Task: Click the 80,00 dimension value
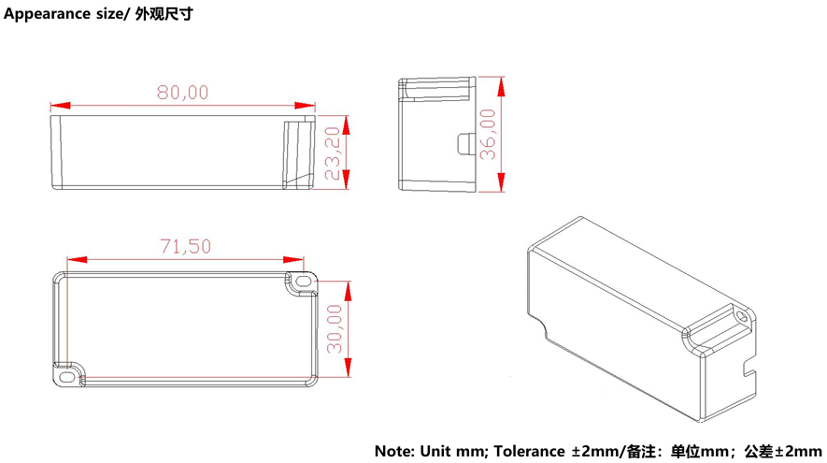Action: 182,93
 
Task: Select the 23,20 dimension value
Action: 333,153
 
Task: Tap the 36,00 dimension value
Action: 488,134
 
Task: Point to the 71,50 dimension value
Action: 186,246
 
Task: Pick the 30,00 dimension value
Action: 335,328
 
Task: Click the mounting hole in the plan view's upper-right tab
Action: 302,281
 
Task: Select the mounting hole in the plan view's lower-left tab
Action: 67,376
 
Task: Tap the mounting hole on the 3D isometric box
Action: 742,316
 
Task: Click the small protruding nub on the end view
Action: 463,144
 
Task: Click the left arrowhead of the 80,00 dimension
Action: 60,106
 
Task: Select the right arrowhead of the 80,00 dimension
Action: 306,106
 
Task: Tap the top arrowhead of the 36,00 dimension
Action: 501,87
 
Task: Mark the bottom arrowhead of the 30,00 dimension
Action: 348,367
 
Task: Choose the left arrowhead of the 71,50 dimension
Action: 77,259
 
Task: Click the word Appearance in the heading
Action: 48,14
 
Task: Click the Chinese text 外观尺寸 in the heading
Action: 164,14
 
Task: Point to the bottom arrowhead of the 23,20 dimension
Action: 346,180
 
